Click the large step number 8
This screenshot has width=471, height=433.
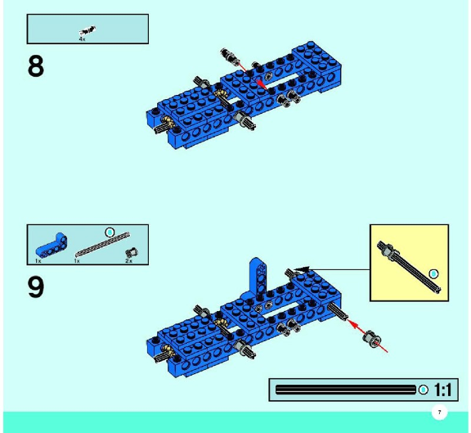(x=36, y=66)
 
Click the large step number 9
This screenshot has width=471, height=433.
(x=36, y=287)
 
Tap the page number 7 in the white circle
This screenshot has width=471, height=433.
(x=439, y=413)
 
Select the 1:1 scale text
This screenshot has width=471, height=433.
(x=443, y=390)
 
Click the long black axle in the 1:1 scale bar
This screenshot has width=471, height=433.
(x=345, y=390)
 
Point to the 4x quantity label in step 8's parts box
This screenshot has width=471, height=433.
(x=82, y=39)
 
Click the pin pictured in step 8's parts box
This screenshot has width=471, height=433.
(x=87, y=30)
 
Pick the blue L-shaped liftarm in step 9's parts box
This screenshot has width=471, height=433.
(x=52, y=246)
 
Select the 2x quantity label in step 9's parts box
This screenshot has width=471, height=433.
(x=128, y=261)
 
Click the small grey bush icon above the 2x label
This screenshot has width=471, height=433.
(x=132, y=252)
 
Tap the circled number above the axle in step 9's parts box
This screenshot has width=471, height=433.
(x=110, y=232)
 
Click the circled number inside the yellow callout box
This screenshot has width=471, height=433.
(x=433, y=274)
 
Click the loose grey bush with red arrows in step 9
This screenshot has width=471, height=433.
(x=372, y=339)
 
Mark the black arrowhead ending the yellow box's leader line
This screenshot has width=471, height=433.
(x=302, y=269)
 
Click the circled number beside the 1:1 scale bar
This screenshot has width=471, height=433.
(x=423, y=390)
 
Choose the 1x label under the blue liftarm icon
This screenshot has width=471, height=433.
(x=38, y=261)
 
